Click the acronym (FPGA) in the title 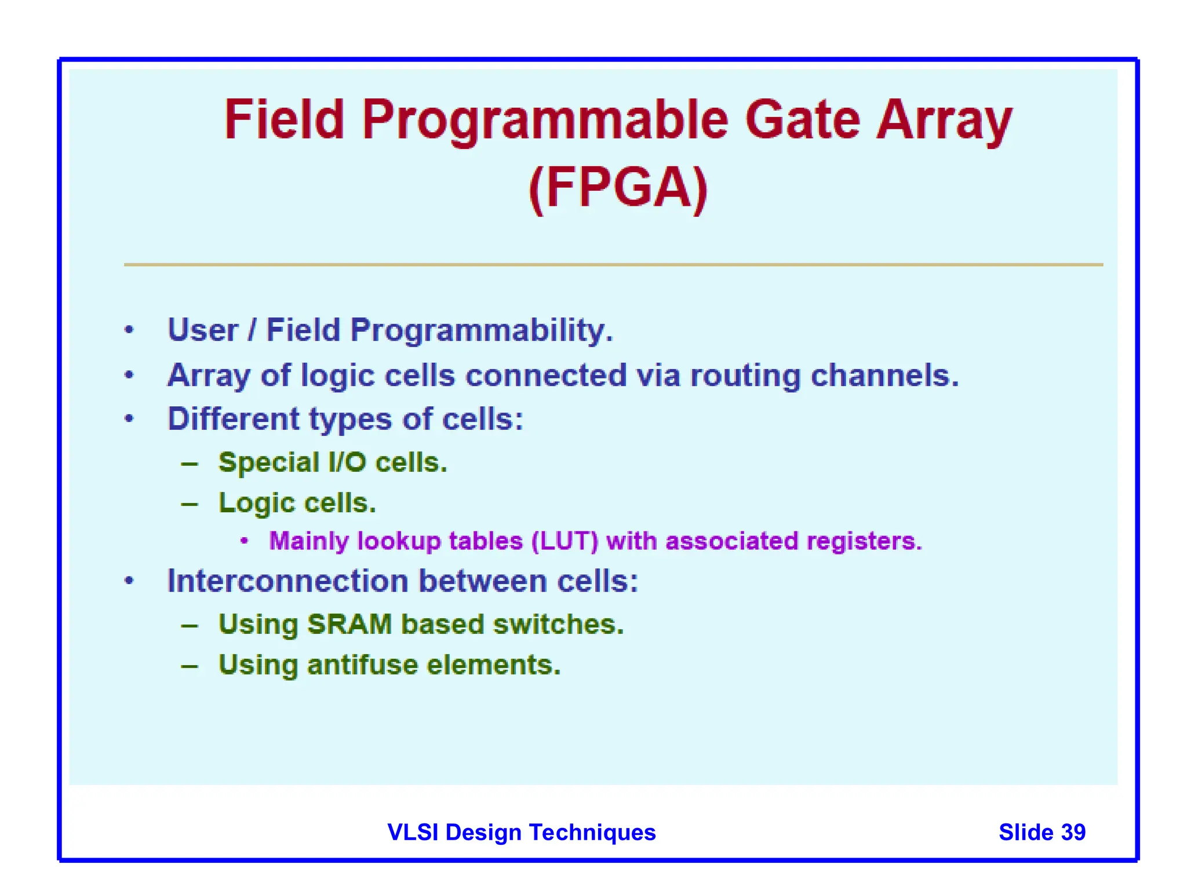point(618,188)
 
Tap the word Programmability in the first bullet point(481,330)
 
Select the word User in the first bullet point(203,330)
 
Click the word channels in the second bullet point(884,375)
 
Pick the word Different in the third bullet point(234,419)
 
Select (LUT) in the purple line point(565,541)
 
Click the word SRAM point(349,625)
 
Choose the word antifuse point(362,665)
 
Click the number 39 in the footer point(1073,832)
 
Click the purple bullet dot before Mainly point(245,541)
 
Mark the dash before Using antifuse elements point(190,666)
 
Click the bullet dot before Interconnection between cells point(129,581)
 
